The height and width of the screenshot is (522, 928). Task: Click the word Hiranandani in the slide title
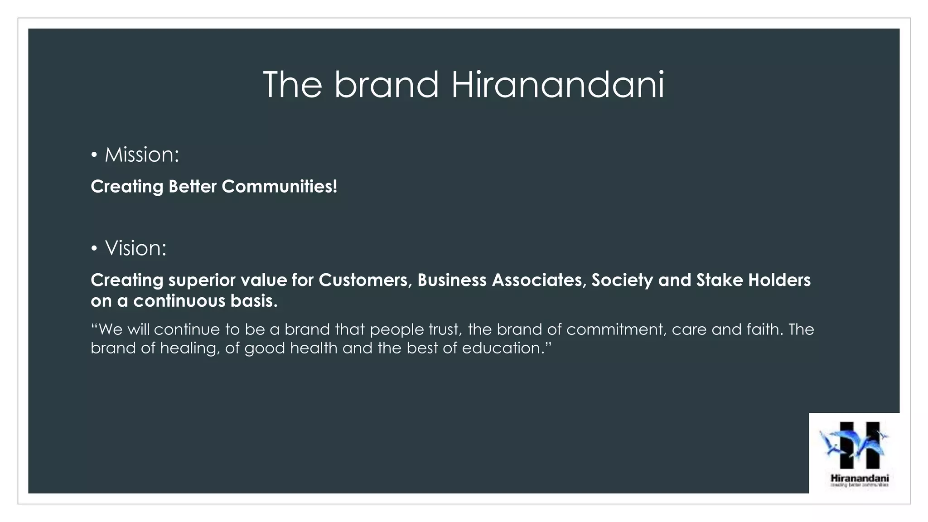pos(557,85)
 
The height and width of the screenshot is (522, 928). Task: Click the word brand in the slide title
pos(387,85)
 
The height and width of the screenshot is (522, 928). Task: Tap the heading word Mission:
pos(142,155)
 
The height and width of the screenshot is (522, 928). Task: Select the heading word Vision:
pos(135,248)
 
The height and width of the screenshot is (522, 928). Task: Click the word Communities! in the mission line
pos(279,187)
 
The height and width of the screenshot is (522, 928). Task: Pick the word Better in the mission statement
pos(192,187)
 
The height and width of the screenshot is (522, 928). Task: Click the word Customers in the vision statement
pos(365,280)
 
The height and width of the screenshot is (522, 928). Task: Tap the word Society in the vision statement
pos(622,280)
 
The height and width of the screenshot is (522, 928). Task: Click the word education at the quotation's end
pos(502,348)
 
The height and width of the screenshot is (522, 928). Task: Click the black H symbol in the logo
pos(859,445)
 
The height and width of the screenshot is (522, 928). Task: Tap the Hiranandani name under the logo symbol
pos(859,478)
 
